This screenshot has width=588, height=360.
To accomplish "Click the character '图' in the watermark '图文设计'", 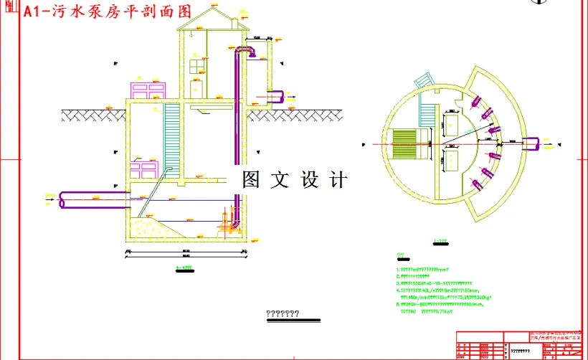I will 250,179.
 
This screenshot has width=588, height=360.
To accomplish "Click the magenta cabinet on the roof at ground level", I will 148,91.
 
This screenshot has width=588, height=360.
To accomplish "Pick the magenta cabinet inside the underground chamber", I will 143,170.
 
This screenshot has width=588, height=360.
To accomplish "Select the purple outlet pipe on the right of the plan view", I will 535,146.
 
